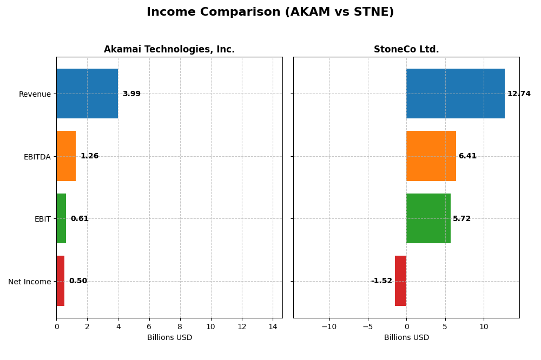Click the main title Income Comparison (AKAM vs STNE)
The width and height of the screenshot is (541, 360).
270,12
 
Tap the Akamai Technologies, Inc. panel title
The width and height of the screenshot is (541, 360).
169,49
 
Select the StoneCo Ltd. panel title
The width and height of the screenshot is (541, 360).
406,49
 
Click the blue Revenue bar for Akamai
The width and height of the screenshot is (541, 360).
87,94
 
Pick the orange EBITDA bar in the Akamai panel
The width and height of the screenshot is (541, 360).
66,156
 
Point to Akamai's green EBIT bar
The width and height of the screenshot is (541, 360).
61,218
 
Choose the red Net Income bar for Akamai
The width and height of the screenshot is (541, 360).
60,281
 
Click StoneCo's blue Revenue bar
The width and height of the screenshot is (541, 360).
455,94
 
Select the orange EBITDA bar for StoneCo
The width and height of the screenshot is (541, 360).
431,156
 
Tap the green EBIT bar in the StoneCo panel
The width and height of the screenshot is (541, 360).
428,218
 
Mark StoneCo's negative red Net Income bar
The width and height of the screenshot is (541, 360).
400,281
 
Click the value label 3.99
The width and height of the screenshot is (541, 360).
131,94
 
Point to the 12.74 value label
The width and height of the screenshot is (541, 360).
519,94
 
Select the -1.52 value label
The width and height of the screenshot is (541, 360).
381,281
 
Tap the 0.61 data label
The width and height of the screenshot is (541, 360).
80,219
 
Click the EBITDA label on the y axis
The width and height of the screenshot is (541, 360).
37,157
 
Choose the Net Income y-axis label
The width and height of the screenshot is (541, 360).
29,282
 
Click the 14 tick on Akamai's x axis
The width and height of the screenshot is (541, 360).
273,326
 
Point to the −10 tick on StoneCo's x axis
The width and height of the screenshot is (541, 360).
329,326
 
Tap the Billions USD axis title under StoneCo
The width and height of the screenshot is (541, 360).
406,338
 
